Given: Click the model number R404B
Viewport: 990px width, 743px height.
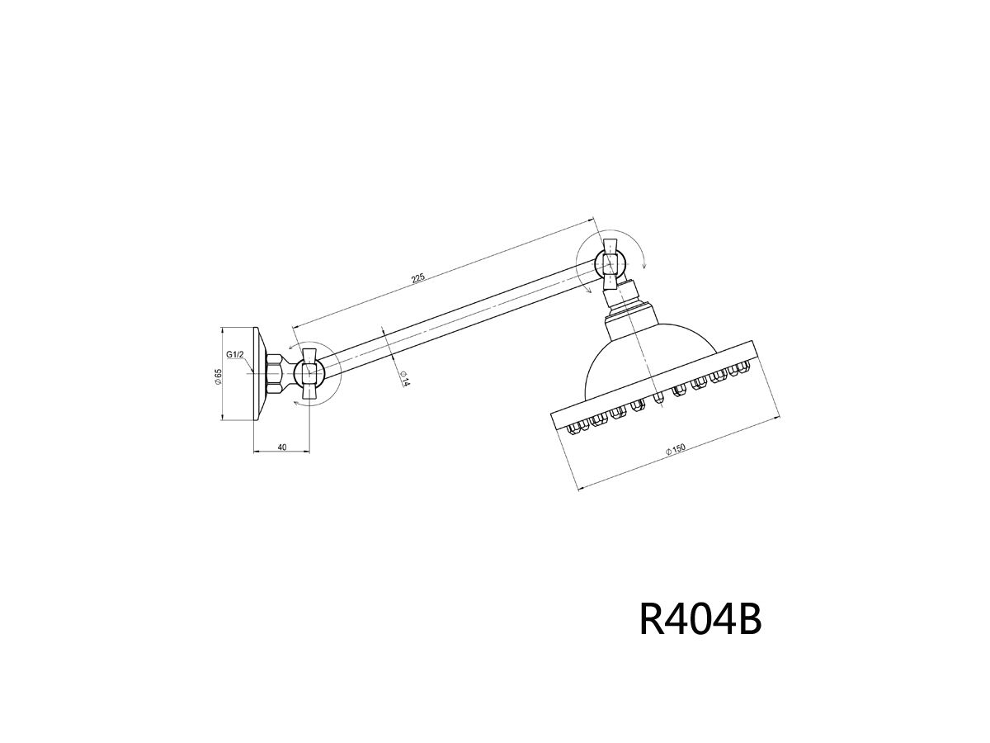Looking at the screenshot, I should [x=700, y=619].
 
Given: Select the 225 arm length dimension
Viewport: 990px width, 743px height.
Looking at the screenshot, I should [x=418, y=278].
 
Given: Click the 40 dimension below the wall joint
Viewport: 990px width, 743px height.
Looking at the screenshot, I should [x=282, y=447].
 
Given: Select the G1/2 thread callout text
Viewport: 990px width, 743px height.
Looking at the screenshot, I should [x=235, y=354].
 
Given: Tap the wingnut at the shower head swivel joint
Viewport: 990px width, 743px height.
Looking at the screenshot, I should [x=610, y=263].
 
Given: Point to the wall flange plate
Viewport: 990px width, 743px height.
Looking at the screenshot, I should [x=258, y=373].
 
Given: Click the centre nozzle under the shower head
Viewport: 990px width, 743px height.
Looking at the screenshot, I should [x=658, y=399].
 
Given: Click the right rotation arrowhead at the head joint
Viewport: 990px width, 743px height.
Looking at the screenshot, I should [x=645, y=266].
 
